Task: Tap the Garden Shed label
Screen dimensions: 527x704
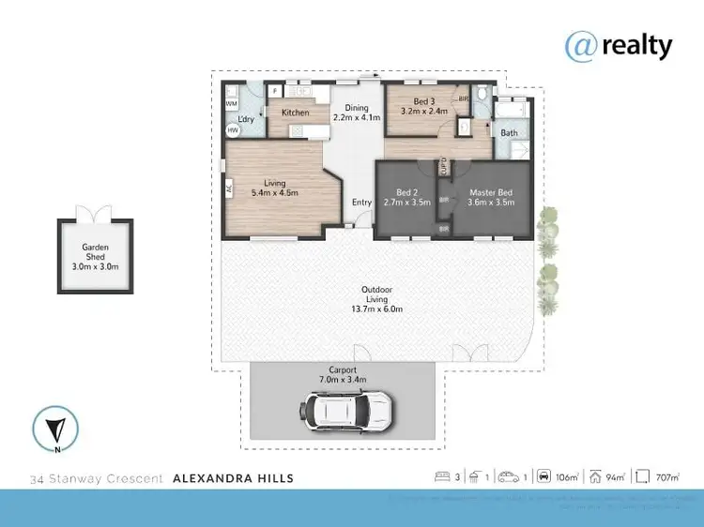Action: pyautogui.click(x=95, y=255)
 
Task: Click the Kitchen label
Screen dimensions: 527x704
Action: pyautogui.click(x=296, y=113)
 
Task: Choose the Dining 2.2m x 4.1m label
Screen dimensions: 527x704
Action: pyautogui.click(x=358, y=113)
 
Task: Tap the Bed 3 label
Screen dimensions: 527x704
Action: pyautogui.click(x=423, y=105)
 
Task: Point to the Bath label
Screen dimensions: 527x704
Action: pyautogui.click(x=509, y=133)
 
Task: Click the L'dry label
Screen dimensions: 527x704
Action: pyautogui.click(x=247, y=119)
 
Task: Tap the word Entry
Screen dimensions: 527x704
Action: pyautogui.click(x=361, y=203)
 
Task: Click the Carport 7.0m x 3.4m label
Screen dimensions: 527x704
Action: pyautogui.click(x=342, y=375)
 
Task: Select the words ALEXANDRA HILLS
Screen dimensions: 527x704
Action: pyautogui.click(x=234, y=478)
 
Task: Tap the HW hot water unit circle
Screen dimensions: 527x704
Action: pyautogui.click(x=233, y=130)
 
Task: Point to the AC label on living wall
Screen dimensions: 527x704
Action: pyautogui.click(x=228, y=188)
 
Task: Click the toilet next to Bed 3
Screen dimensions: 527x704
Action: pyautogui.click(x=480, y=96)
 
